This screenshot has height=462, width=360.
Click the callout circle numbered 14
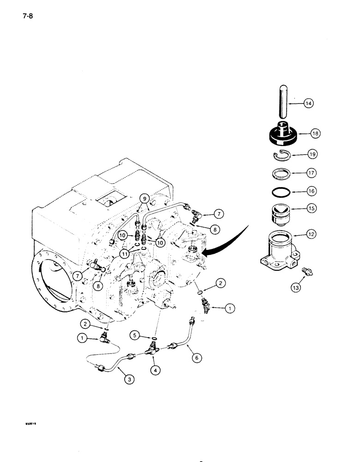pos(308,104)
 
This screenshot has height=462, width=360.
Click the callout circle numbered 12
pos(310,235)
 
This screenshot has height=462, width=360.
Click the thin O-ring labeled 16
pos(280,191)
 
